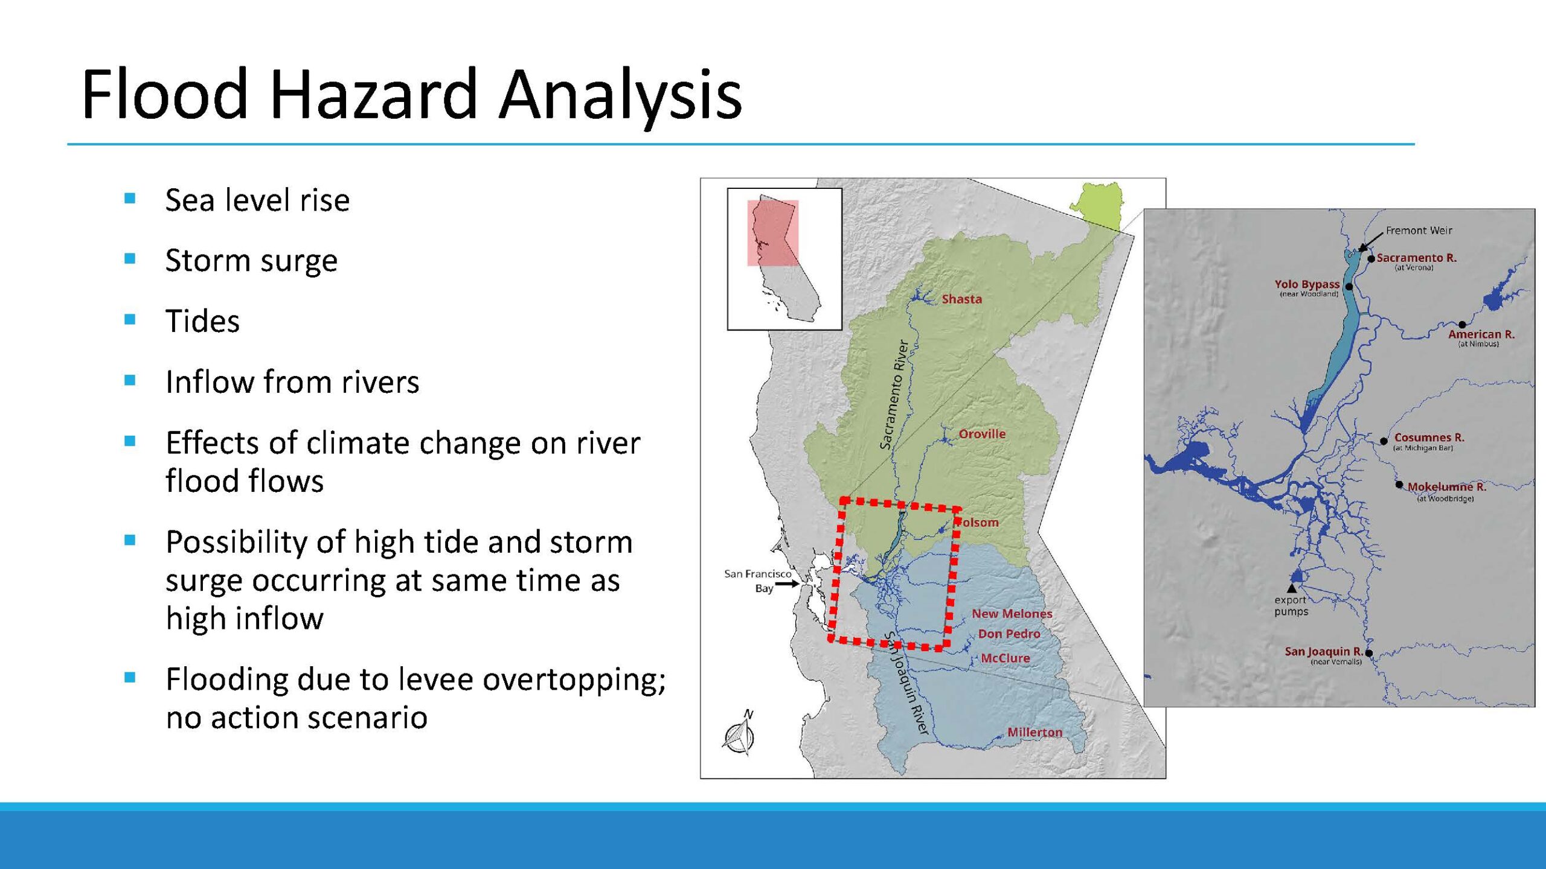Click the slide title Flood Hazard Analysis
tap(412, 94)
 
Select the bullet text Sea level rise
tap(257, 200)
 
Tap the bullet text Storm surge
tap(251, 261)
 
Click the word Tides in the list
tap(202, 321)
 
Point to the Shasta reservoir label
tap(962, 299)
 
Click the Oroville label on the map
tap(983, 434)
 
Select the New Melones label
tap(1012, 614)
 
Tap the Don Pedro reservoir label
tap(1009, 634)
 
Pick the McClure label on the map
tap(1006, 658)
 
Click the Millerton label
tap(1035, 732)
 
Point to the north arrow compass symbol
tap(739, 734)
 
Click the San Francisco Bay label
tap(758, 581)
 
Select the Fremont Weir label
tap(1419, 231)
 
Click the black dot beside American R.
tap(1462, 325)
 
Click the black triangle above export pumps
tap(1292, 588)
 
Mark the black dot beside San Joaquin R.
tap(1369, 653)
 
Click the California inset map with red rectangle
tap(784, 259)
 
